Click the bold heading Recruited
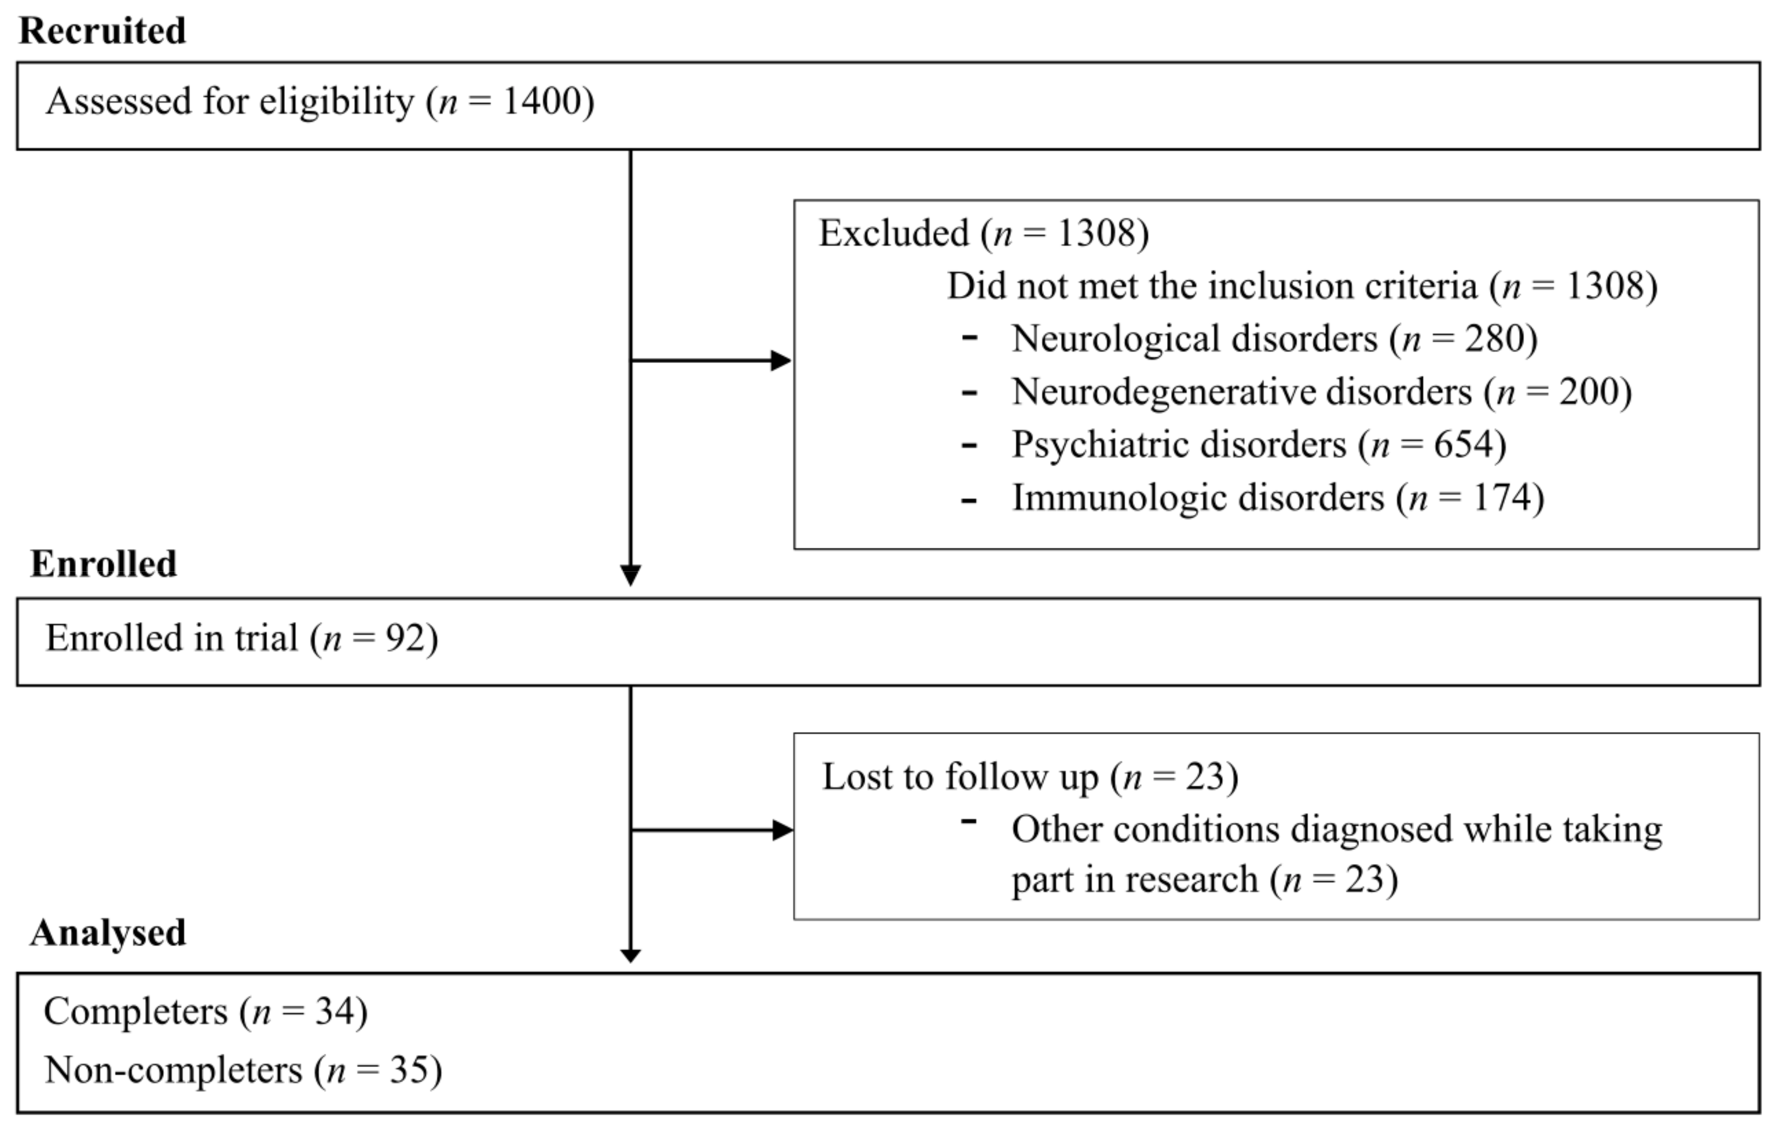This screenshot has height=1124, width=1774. tap(102, 31)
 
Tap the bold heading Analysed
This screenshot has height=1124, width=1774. tap(108, 932)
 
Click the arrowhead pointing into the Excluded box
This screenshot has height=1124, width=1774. tap(781, 361)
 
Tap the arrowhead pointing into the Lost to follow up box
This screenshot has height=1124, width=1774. tap(782, 831)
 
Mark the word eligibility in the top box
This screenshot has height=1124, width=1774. tap(337, 101)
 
